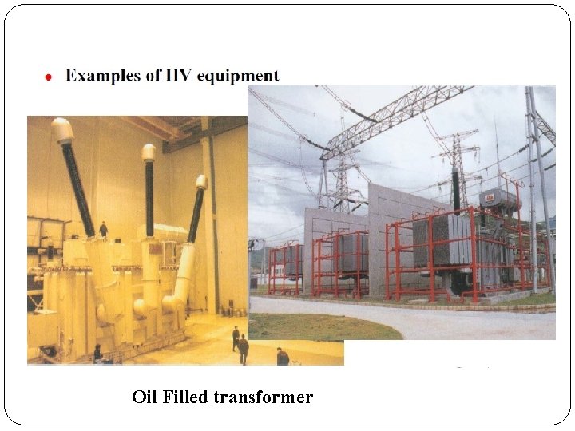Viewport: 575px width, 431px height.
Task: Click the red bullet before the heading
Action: click(x=49, y=77)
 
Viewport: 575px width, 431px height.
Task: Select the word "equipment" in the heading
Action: click(x=238, y=76)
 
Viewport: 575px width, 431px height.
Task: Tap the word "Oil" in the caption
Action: click(x=145, y=397)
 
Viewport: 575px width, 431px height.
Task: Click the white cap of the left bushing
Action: click(x=62, y=129)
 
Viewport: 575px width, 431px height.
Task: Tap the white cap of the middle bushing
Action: click(x=149, y=152)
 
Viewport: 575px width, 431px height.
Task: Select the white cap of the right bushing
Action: click(x=202, y=181)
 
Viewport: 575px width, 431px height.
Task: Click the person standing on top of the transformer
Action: click(x=103, y=229)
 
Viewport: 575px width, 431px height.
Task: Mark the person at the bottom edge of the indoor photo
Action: click(x=282, y=357)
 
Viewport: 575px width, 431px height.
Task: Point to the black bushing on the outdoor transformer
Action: click(x=456, y=190)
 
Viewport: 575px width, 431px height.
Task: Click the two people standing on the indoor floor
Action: click(x=240, y=345)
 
